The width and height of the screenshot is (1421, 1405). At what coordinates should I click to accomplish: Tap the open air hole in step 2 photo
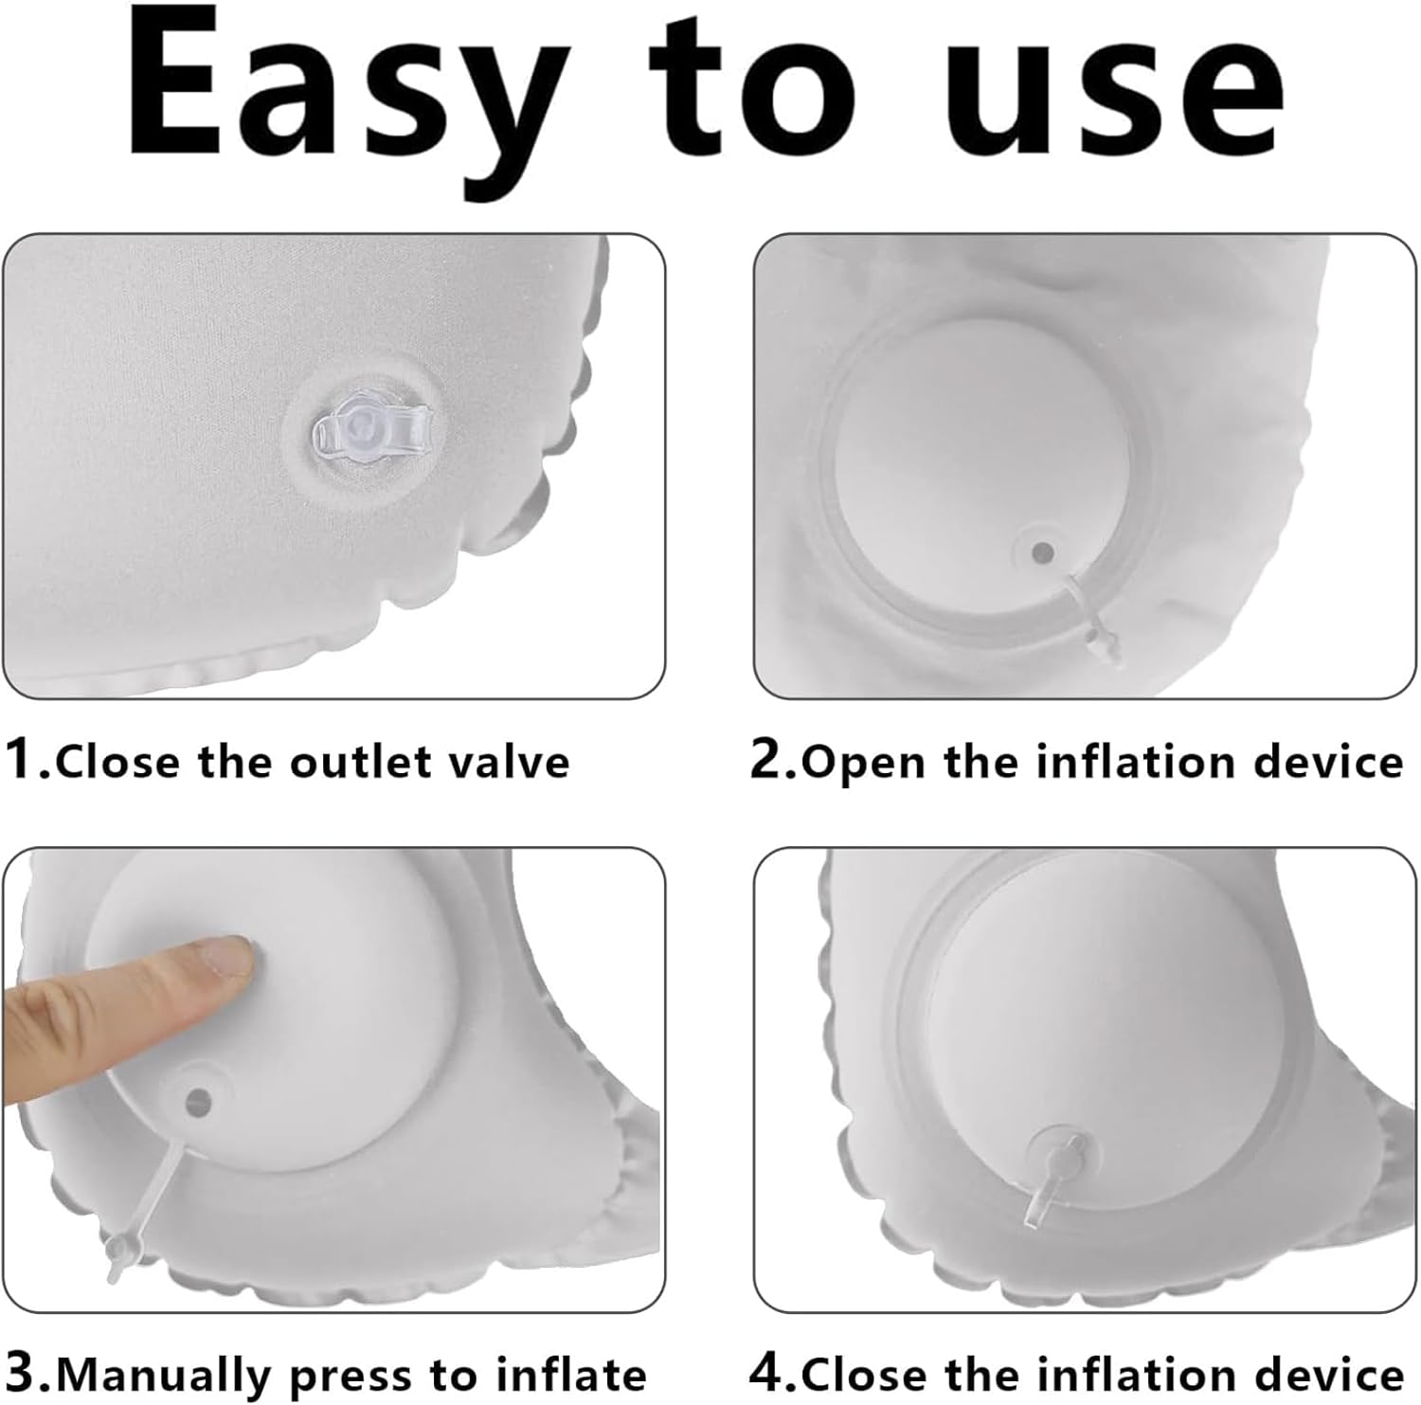pos(1043,551)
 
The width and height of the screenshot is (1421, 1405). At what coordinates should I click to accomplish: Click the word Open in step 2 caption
pos(863,764)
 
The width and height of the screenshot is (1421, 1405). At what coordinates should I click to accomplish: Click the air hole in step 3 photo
pos(199,1100)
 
